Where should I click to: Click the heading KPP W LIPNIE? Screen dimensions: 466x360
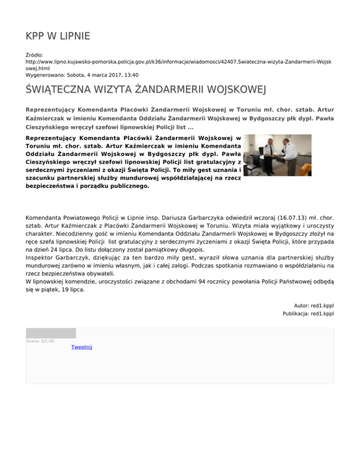tap(58, 36)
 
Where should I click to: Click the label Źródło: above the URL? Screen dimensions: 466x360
tap(35, 55)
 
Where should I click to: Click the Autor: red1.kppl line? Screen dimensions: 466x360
tap(314, 305)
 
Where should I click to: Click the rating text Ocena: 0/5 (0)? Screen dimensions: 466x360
tap(40, 341)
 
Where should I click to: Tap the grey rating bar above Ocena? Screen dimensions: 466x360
tap(51, 333)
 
